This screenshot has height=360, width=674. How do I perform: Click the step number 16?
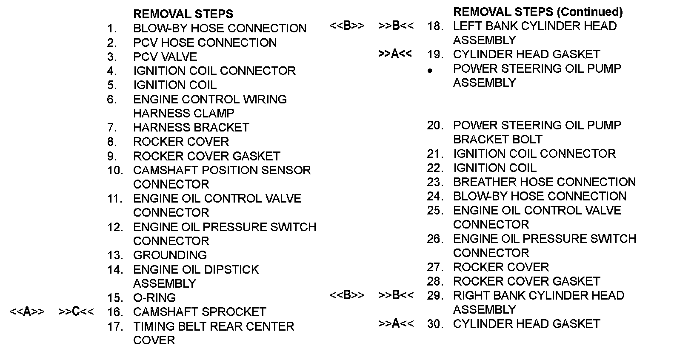[115, 312]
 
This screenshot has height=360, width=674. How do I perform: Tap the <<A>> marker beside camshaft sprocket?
[27, 312]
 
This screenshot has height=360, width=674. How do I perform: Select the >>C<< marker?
[76, 312]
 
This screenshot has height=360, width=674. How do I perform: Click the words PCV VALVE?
[165, 57]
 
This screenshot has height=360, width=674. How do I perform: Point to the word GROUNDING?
[170, 255]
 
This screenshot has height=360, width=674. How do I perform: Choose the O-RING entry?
[154, 298]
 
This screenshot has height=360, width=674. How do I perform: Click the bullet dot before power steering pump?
[430, 71]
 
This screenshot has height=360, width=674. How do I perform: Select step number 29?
[435, 296]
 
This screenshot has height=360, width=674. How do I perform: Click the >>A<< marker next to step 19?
[395, 54]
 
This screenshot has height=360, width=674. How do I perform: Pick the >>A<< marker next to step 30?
[396, 324]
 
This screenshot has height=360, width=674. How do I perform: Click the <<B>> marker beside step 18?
[347, 26]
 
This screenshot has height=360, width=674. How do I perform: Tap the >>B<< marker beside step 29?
[396, 295]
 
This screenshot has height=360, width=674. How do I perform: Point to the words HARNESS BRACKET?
[191, 128]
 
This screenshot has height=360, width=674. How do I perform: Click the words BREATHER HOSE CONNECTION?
[544, 182]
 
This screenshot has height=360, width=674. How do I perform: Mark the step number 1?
[112, 29]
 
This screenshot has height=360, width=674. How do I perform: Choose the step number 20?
[435, 126]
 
